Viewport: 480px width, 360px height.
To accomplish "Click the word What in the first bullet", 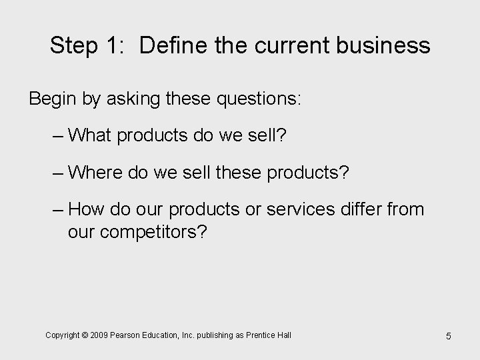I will tap(89, 136).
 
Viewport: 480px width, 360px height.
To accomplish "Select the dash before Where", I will tap(57, 173).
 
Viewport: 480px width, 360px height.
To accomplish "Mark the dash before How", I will tap(57, 209).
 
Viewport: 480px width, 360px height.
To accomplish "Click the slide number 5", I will tap(448, 335).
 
